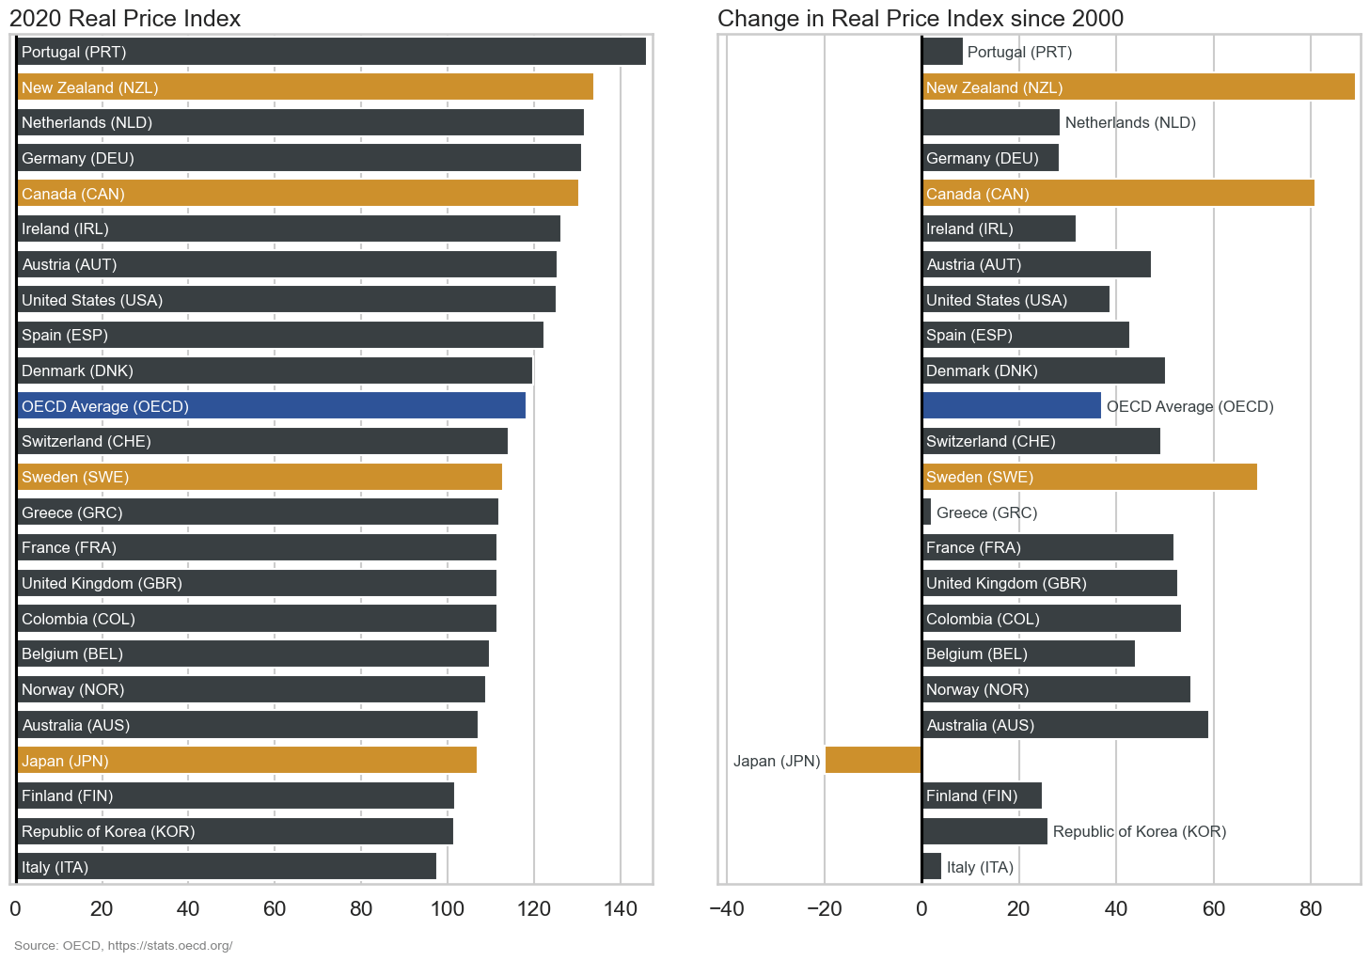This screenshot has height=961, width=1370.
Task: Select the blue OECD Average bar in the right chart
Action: coord(1011,406)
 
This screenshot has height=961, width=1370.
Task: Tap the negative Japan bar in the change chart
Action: coord(873,760)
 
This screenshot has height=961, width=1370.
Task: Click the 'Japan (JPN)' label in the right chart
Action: coord(777,761)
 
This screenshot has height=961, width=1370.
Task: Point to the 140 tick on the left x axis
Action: coord(620,908)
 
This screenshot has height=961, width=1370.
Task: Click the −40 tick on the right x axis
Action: coord(727,908)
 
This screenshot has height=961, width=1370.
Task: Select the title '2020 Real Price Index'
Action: coord(125,19)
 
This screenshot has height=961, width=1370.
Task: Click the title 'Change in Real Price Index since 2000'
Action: coord(920,19)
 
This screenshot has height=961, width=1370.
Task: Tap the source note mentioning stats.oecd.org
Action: coord(123,945)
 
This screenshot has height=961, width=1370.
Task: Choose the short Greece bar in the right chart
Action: coord(926,512)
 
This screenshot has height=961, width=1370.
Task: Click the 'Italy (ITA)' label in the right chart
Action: coord(980,867)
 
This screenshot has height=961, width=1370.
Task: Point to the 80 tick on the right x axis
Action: coord(1310,908)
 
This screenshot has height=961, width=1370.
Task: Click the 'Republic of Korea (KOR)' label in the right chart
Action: coord(1140,831)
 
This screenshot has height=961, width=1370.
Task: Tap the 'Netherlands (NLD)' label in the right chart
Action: coord(1130,122)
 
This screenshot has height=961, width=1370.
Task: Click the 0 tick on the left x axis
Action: coord(15,908)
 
